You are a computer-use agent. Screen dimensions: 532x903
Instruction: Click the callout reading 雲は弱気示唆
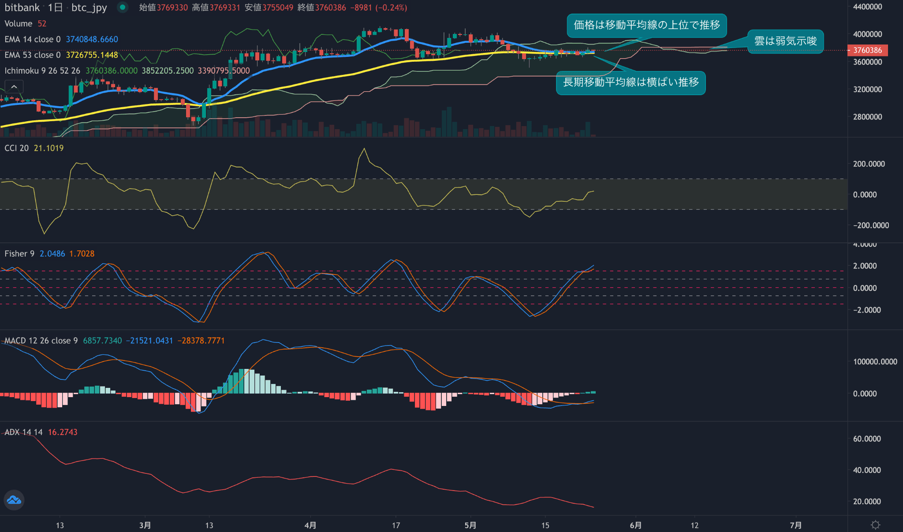point(785,41)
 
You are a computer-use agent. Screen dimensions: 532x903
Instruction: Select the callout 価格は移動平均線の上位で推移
point(646,25)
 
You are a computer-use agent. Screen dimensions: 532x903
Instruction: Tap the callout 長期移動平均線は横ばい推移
point(631,82)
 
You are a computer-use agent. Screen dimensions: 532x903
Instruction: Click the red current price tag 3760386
point(867,50)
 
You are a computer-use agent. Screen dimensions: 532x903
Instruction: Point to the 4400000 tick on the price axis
point(867,7)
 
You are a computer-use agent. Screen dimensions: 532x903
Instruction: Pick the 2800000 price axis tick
point(867,117)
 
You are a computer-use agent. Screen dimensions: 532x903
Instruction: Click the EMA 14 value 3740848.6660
point(92,39)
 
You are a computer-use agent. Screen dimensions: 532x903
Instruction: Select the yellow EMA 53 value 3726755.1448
point(92,55)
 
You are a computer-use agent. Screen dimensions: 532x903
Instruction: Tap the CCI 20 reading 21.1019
point(49,148)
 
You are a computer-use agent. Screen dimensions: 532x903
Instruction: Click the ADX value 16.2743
point(62,432)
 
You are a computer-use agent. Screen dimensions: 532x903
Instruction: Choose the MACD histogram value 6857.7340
point(102,341)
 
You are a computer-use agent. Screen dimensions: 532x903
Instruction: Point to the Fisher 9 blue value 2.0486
point(52,254)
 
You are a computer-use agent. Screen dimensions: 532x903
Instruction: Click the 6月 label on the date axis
point(635,525)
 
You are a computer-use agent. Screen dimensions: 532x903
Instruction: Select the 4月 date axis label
point(310,525)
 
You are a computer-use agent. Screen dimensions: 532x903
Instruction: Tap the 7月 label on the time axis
point(795,525)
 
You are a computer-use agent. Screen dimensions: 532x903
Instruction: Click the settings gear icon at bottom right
point(875,525)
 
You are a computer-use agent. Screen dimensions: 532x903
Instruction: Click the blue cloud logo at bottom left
point(14,500)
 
